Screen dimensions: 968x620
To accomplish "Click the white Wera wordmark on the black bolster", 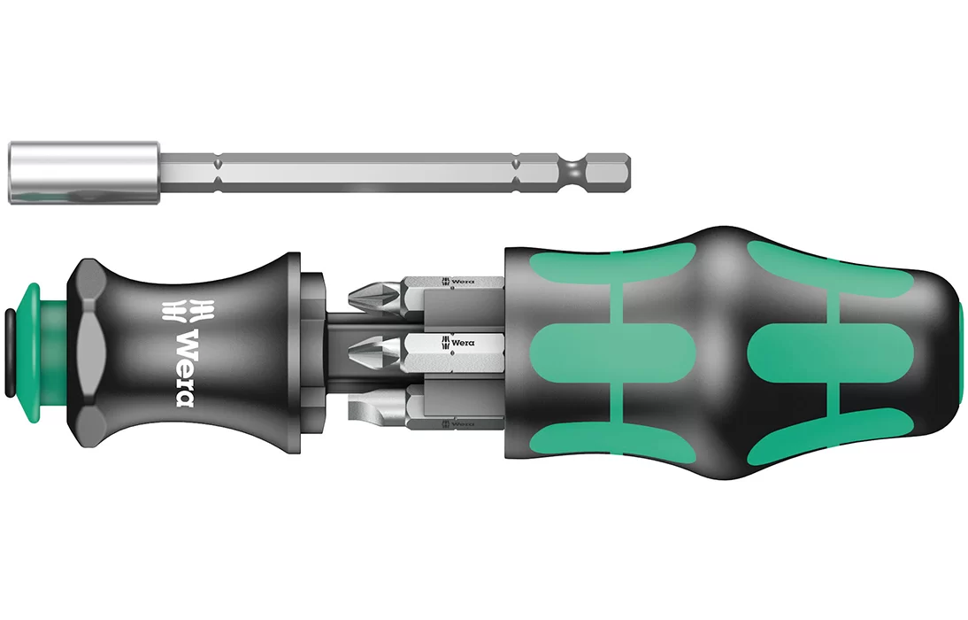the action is pyautogui.click(x=185, y=368).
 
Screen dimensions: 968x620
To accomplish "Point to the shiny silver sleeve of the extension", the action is pyautogui.click(x=85, y=173).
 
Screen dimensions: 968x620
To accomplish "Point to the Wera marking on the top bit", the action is pyautogui.click(x=458, y=282).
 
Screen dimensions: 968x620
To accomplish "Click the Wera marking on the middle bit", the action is pyautogui.click(x=458, y=342).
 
